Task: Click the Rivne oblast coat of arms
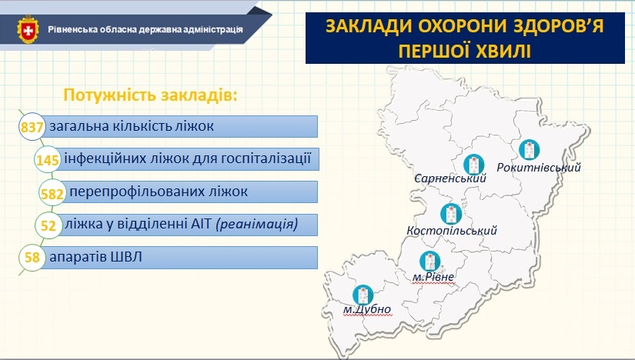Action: [28, 29]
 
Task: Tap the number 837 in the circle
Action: [32, 128]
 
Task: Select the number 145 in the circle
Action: [48, 160]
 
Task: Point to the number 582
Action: [52, 194]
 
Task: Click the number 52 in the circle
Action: [48, 225]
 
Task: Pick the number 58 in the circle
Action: [32, 257]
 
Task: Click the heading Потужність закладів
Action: [150, 95]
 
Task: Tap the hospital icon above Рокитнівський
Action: [530, 150]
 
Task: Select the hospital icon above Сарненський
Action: [474, 165]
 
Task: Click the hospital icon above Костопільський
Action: [451, 214]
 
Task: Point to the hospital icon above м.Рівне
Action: [429, 262]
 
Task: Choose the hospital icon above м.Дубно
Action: [363, 295]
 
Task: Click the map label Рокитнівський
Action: [539, 167]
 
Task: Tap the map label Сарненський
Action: [450, 178]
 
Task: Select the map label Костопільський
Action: [452, 231]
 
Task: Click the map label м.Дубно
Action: [367, 309]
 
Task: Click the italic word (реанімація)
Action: [257, 224]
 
